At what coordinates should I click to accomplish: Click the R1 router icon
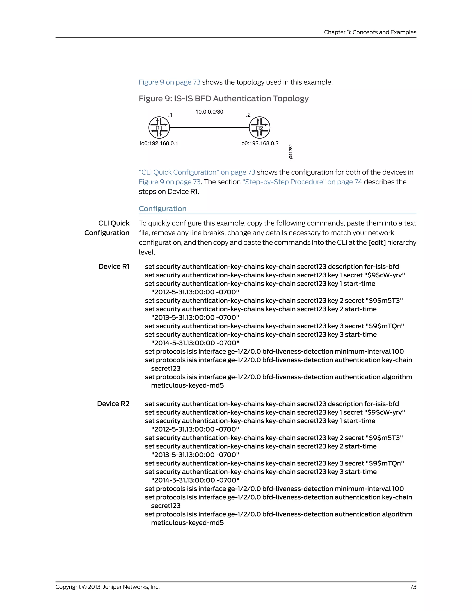tap(159, 128)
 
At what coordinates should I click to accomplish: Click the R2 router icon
tap(260, 128)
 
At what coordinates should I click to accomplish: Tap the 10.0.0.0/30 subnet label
tap(209, 112)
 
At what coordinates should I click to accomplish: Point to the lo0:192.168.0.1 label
tap(159, 143)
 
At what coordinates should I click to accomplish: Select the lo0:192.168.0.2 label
tap(259, 143)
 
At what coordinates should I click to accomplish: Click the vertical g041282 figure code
tap(291, 152)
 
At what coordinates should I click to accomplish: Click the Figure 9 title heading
tap(223, 98)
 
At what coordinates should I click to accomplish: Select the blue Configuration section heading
tap(162, 209)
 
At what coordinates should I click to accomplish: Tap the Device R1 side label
tap(114, 267)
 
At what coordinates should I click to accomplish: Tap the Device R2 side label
tap(113, 404)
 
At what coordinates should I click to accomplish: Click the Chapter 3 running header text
tap(370, 32)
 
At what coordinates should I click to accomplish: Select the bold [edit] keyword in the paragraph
tap(377, 243)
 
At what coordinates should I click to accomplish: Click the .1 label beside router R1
tap(170, 115)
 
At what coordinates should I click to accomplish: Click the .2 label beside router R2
tap(248, 115)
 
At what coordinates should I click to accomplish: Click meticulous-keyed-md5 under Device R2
tap(187, 523)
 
